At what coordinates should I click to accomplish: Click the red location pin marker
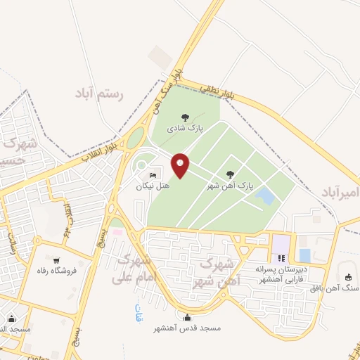tap(180, 166)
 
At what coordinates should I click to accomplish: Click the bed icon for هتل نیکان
tap(153, 175)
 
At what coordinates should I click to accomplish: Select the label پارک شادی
tap(185, 129)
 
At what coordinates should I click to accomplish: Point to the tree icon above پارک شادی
tap(185, 117)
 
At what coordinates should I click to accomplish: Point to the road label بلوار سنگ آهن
tap(167, 90)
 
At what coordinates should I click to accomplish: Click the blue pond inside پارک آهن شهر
tap(265, 195)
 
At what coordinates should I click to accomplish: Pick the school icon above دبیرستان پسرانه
tap(281, 258)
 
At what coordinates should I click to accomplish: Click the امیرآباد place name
tap(340, 193)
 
